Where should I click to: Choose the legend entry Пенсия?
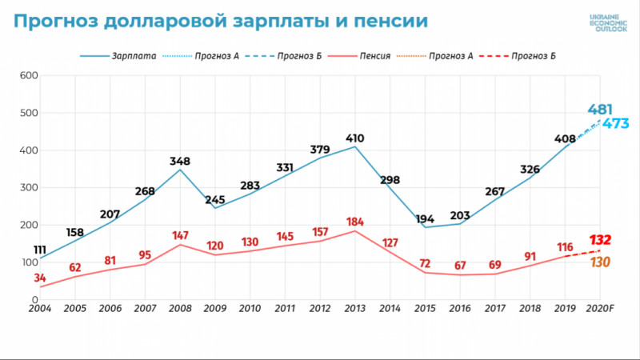point(374,57)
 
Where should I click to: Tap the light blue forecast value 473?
point(616,123)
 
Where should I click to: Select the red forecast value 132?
point(600,240)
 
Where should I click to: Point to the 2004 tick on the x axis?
point(39,309)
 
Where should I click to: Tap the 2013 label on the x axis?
point(355,309)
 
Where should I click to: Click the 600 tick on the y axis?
point(29,76)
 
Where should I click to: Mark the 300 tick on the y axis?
point(29,188)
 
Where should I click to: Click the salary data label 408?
point(566,138)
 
